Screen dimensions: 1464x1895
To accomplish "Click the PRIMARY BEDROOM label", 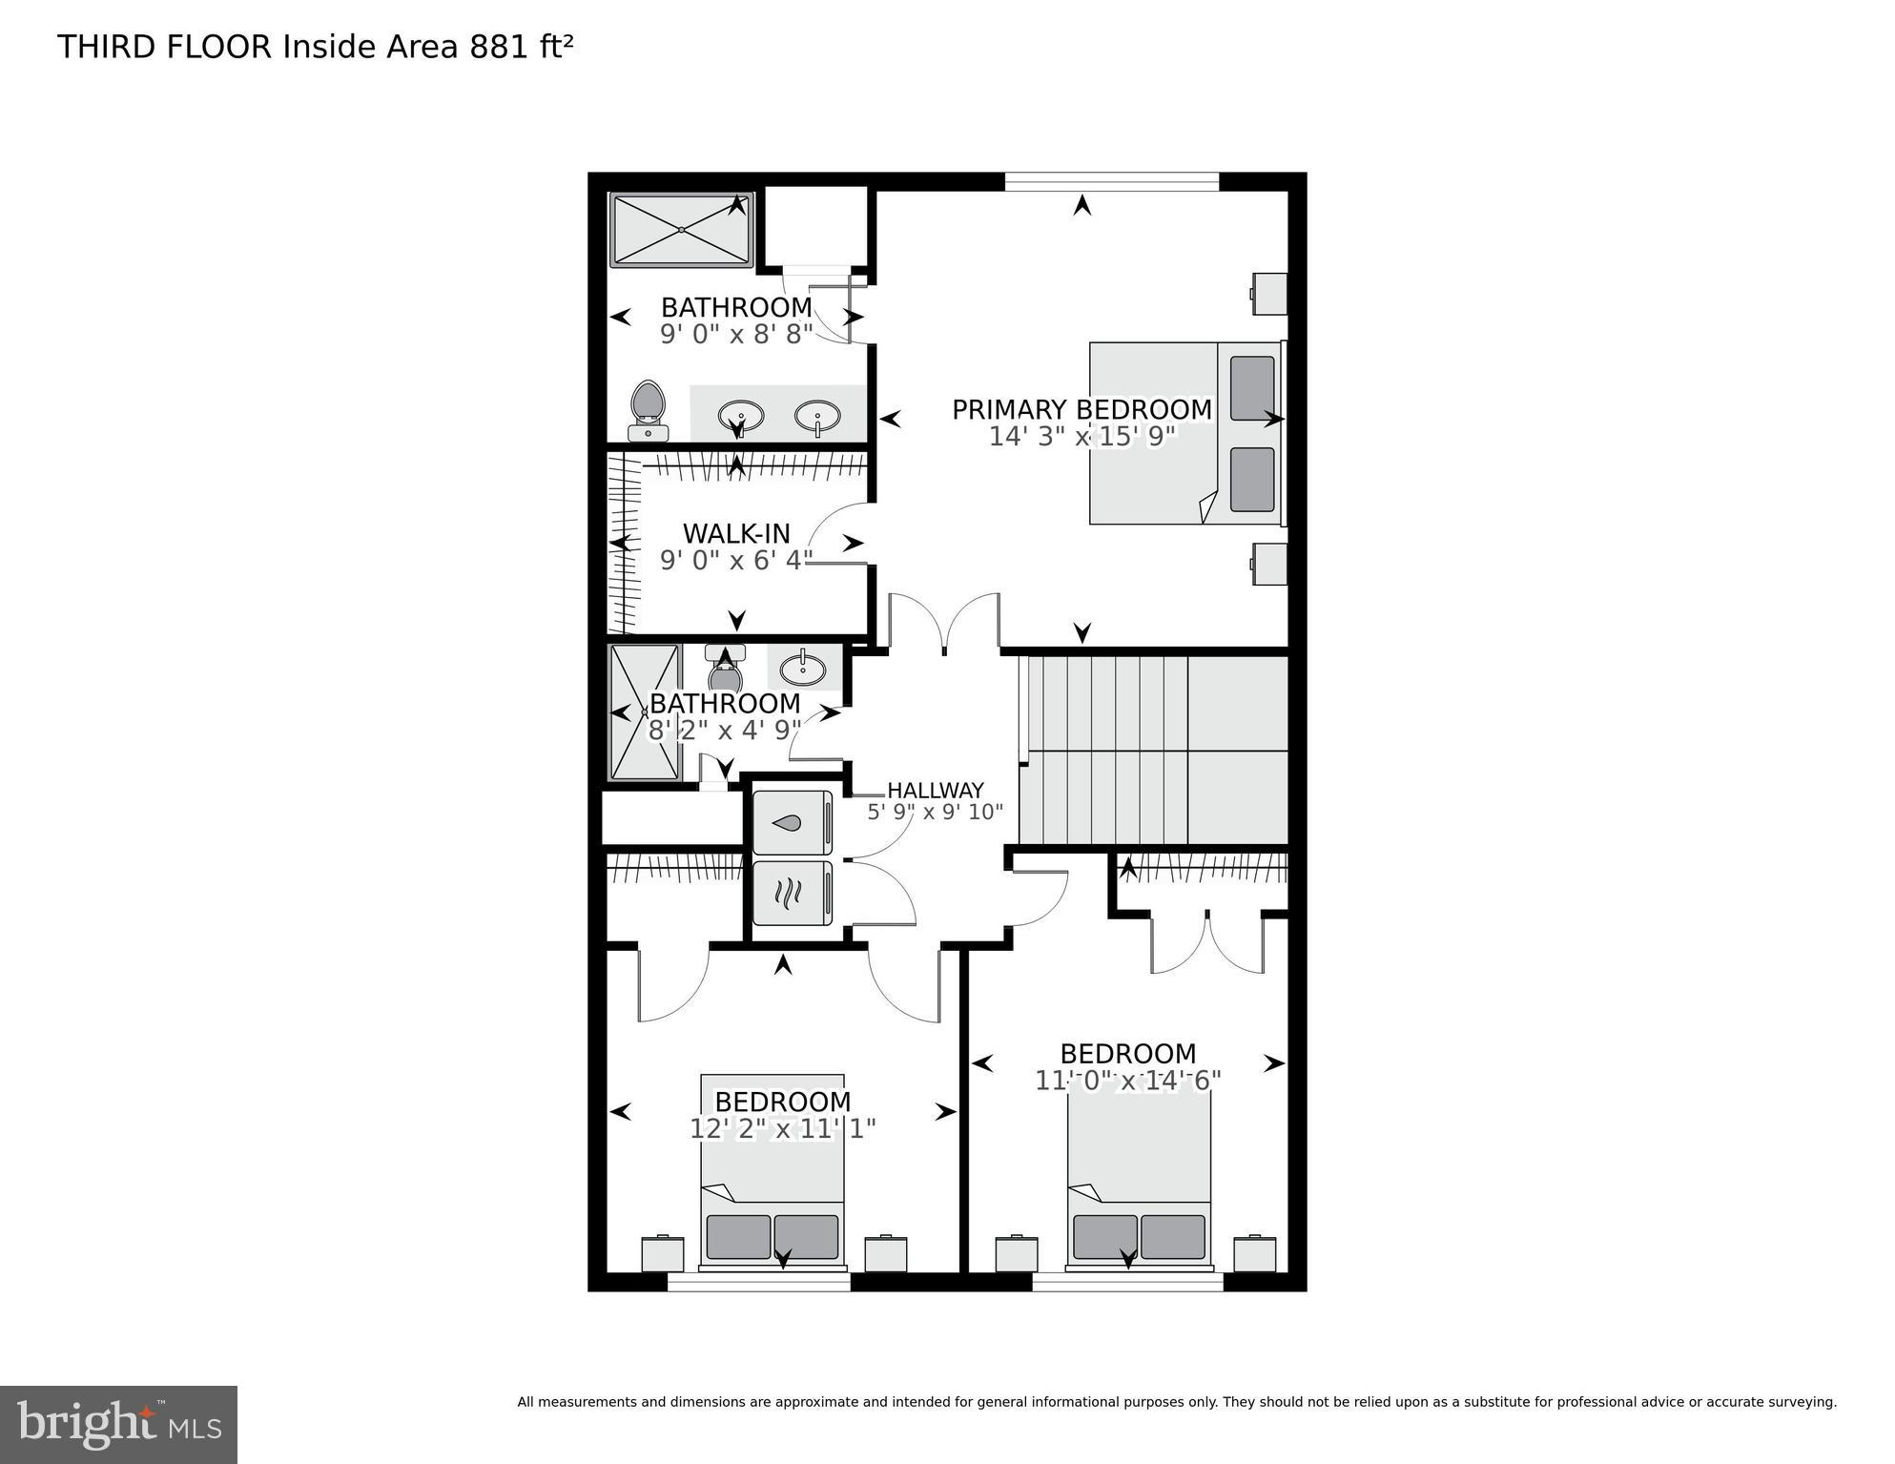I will pyautogui.click(x=1081, y=410).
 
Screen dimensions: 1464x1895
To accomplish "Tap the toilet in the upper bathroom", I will pyautogui.click(x=649, y=410).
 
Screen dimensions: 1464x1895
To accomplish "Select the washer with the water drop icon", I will pyautogui.click(x=792, y=822).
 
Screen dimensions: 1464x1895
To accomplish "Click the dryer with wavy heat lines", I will pyautogui.click(x=792, y=893).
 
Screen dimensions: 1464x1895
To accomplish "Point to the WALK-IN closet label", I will pyautogui.click(x=736, y=533).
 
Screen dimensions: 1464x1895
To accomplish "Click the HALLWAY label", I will pyautogui.click(x=935, y=791).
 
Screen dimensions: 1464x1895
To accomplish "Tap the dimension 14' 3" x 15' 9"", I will pyautogui.click(x=1081, y=437).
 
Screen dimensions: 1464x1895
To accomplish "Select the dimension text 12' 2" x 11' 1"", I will pyautogui.click(x=782, y=1129).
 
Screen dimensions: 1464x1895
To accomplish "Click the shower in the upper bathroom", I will pyautogui.click(x=681, y=230).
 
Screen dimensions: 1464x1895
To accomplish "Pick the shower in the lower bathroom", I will pyautogui.click(x=645, y=711).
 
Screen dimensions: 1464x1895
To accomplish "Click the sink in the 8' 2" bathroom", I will pyautogui.click(x=803, y=668).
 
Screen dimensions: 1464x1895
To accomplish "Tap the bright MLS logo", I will pyautogui.click(x=118, y=1424).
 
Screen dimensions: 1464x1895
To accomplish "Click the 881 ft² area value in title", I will pyautogui.click(x=521, y=47).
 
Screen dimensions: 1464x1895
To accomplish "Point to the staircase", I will pyautogui.click(x=1152, y=750).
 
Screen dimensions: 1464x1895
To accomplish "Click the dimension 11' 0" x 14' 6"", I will pyautogui.click(x=1127, y=1082).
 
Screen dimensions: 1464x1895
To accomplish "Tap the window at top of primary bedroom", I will pyautogui.click(x=1112, y=181).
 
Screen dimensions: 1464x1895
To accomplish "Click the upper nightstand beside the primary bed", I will pyautogui.click(x=1269, y=294).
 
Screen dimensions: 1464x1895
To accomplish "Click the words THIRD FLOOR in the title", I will pyautogui.click(x=164, y=47).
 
